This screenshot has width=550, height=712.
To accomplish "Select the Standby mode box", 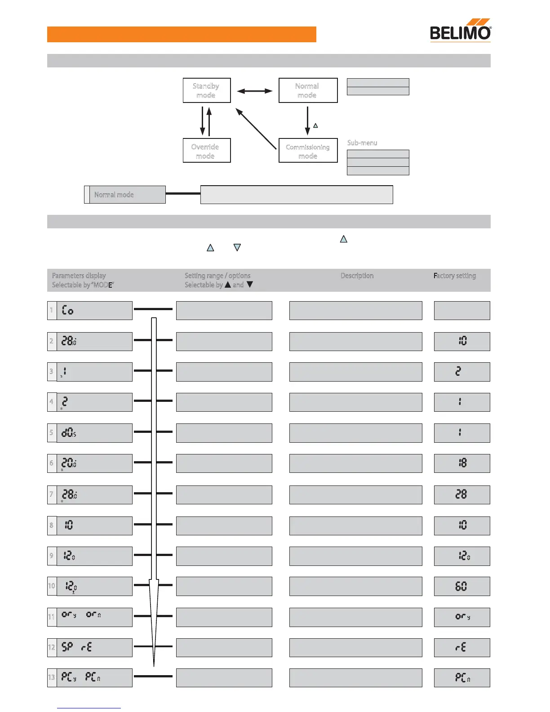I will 207,90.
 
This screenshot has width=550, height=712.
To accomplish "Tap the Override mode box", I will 207,151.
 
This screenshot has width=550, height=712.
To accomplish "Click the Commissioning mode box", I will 308,151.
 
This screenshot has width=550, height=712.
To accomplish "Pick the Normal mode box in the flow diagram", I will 308,90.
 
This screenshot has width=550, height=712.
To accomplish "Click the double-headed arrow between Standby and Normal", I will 255,91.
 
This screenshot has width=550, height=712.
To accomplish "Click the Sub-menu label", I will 362,143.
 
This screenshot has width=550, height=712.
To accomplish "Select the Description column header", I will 357,276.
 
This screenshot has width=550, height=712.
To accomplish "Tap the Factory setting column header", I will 455,276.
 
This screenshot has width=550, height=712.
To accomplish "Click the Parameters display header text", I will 79,276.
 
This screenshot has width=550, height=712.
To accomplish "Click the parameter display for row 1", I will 94,311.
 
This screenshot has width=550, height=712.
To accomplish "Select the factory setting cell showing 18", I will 462,463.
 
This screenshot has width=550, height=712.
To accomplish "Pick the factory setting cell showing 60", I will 462,586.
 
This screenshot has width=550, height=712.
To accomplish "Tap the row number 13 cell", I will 52,678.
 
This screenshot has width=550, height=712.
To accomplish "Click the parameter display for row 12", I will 94,648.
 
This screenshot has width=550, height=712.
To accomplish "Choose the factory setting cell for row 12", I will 462,648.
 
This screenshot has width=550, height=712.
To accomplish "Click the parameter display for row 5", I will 94,433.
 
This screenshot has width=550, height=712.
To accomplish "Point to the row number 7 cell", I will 52,494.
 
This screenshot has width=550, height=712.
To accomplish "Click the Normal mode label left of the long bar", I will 114,195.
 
